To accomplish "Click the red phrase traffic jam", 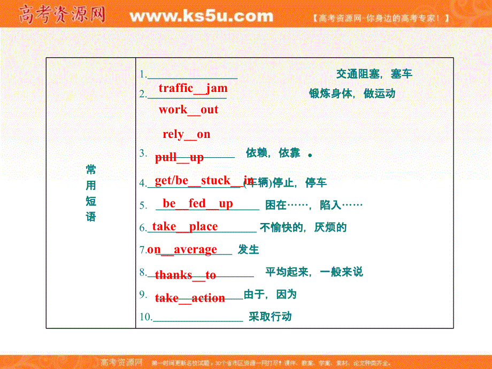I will coord(193,88).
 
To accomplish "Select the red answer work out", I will coord(188,110).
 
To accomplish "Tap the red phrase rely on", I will coord(187,134).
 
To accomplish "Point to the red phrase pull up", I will coord(179,157).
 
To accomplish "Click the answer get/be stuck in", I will coord(204,180).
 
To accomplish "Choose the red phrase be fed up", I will coord(198,204).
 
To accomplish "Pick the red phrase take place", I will coord(185,227).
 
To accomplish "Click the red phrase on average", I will coord(182,249).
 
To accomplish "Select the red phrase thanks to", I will coord(186,275).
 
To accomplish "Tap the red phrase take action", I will coord(190,298).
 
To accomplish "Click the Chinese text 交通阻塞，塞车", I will coord(374,74).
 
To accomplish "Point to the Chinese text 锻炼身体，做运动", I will coord(352,94).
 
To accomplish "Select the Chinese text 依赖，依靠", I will coord(273,153).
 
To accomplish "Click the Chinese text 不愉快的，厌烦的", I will coord(303,228).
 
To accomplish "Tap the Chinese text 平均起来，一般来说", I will coord(314,272).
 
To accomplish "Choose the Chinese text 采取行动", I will coord(270,317).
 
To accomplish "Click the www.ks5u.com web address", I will coord(201,17).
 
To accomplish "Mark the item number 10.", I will coord(145,317).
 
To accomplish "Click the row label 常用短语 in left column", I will coord(91,193).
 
